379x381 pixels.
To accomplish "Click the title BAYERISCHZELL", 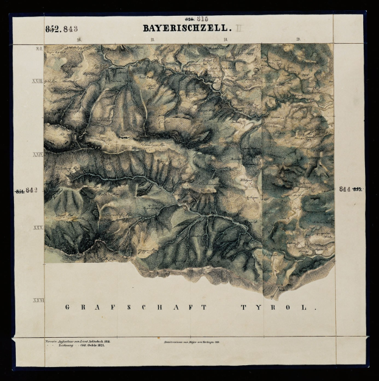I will point(187,28).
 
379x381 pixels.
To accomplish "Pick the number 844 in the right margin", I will point(345,189).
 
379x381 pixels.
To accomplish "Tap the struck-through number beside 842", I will point(19,191).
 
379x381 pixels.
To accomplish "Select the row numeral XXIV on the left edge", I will point(38,155).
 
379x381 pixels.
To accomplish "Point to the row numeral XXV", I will point(38,228).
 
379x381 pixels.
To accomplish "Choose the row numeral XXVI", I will point(38,300).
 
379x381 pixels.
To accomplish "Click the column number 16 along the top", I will point(79,41).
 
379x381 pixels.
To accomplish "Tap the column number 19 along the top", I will point(298,41).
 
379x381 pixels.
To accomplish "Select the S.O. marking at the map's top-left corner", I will point(38,47).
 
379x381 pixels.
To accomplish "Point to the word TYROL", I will point(279,307).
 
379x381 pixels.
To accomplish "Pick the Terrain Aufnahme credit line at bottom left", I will point(73,343).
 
